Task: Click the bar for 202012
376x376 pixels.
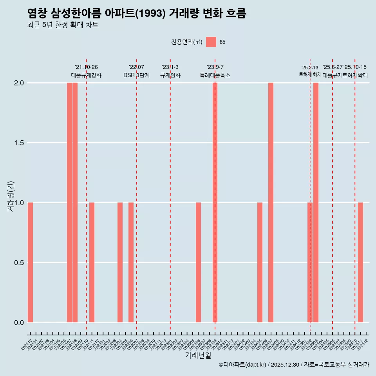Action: pos(30,262)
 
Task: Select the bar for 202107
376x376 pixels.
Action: pos(69,202)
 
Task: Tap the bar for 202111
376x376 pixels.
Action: pos(92,262)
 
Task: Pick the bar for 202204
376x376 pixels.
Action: pos(120,262)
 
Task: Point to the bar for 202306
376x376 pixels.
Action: pos(198,262)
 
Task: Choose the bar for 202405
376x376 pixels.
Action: pos(260,262)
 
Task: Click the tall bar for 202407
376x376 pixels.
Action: pos(271,202)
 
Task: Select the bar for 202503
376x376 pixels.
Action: pos(316,202)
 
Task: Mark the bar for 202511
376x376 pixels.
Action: pos(360,262)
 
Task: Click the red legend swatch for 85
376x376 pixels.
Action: pos(211,42)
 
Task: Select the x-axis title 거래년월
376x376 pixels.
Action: pos(198,356)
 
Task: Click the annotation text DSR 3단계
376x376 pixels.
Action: pos(136,75)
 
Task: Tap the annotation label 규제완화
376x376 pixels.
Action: pos(170,75)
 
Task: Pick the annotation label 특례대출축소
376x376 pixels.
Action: pos(215,75)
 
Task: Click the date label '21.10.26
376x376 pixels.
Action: pos(86,67)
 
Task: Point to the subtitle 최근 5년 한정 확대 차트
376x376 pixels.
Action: pos(63,25)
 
